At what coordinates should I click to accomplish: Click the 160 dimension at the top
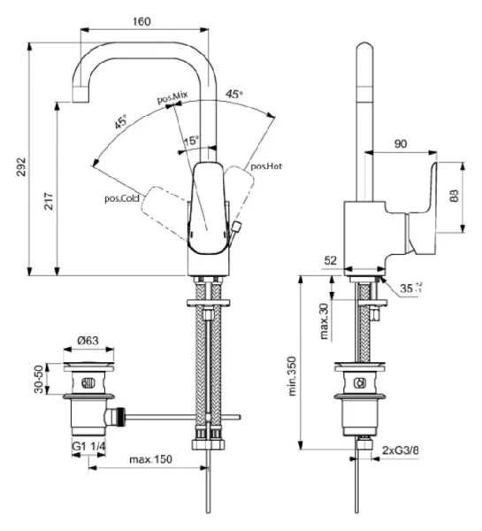[142, 20]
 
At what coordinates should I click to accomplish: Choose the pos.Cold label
[123, 198]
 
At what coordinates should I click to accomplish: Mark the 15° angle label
[192, 141]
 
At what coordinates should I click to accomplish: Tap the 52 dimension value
[331, 260]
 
